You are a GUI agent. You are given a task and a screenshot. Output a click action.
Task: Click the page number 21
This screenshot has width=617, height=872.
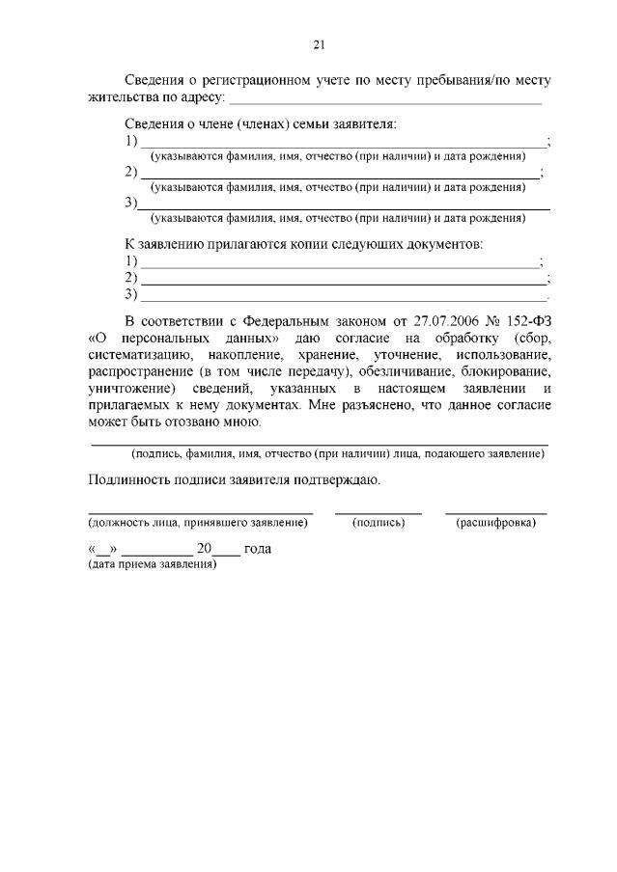319,43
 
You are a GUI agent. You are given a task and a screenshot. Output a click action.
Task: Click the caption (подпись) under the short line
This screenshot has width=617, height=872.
379,523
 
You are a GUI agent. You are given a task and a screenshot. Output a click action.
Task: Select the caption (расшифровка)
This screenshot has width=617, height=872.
495,523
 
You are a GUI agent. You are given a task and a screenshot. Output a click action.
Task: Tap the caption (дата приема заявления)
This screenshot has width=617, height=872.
152,563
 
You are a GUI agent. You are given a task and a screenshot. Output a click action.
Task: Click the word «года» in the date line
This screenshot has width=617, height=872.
258,549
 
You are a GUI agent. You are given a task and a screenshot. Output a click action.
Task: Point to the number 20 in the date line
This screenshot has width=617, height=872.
203,549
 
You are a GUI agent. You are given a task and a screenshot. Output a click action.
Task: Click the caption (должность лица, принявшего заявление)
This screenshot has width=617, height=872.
197,523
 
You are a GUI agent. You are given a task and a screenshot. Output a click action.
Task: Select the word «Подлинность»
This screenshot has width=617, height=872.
131,479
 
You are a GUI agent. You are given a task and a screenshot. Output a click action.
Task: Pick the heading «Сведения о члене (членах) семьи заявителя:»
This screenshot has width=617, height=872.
261,124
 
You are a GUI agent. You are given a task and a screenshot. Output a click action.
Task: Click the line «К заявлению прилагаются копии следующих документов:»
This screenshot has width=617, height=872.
303,245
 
